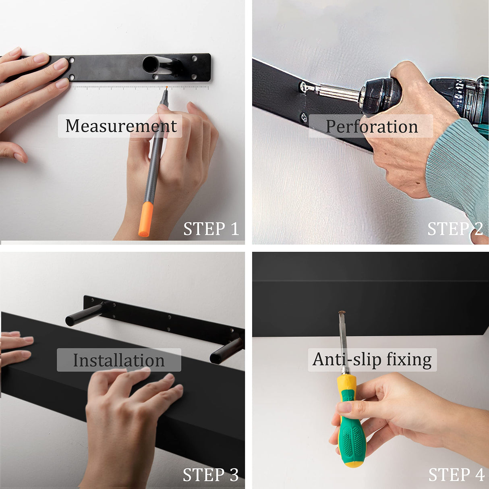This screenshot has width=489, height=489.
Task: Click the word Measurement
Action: [121, 126]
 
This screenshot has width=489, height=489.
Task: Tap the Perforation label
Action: [371, 126]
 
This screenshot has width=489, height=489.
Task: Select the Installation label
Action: [119, 360]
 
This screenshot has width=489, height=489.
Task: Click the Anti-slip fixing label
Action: [372, 359]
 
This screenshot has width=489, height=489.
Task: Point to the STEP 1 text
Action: [211, 229]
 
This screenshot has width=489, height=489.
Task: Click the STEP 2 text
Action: [455, 229]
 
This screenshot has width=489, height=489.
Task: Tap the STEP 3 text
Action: [211, 475]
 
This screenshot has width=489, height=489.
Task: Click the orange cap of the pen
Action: [145, 220]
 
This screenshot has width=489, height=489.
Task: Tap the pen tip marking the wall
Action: [166, 88]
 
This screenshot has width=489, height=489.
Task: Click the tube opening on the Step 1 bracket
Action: [150, 64]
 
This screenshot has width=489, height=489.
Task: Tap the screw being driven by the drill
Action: [304, 86]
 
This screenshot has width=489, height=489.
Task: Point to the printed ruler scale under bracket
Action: [141, 87]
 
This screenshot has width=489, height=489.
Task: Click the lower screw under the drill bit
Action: [304, 118]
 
